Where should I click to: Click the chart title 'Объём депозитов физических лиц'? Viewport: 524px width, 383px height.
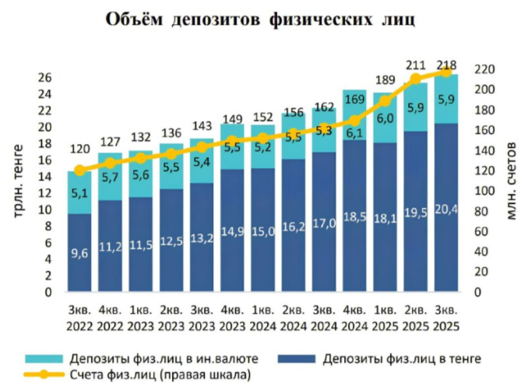[x=262, y=21]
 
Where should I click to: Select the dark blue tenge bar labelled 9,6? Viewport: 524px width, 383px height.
[x=78, y=253]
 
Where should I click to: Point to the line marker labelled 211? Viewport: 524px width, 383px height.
[x=415, y=79]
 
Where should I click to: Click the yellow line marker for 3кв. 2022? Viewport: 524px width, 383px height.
[x=79, y=171]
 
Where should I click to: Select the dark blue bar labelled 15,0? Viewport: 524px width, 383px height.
[x=262, y=230]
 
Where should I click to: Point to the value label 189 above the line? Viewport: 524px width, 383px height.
[x=385, y=79]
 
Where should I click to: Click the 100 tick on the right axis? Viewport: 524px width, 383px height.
[x=483, y=191]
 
